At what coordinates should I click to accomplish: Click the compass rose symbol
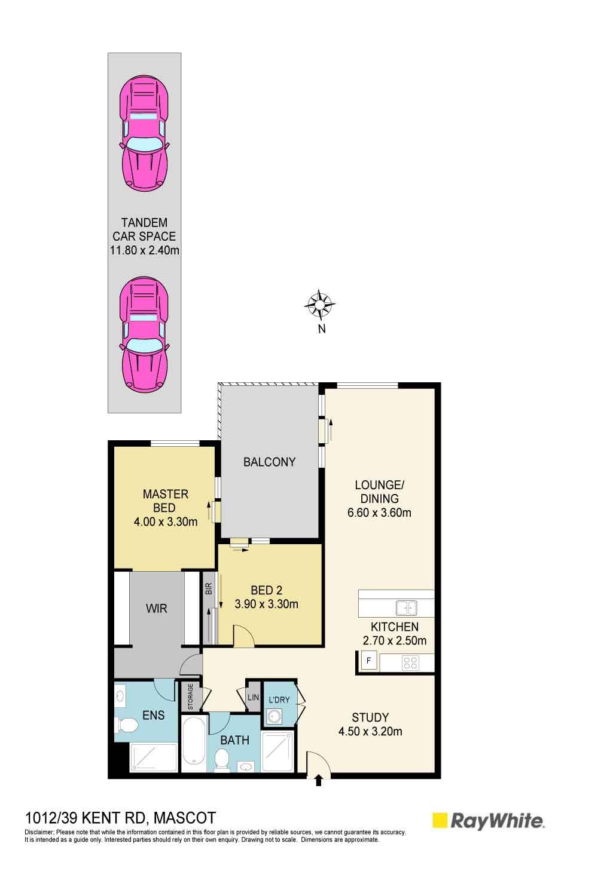pos(319,305)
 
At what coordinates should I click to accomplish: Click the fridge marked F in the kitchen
pos(368,661)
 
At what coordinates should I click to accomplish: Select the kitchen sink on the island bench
pos(406,608)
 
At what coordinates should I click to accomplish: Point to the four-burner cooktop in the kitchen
pos(411,663)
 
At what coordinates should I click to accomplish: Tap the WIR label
pos(156,609)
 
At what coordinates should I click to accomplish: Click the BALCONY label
pos(269,462)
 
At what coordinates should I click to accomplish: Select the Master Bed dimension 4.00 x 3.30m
pos(166,521)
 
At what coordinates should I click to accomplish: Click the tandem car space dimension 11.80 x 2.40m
pos(145,250)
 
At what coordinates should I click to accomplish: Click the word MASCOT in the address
pos(185,818)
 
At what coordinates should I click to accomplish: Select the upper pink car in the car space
pos(144,134)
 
